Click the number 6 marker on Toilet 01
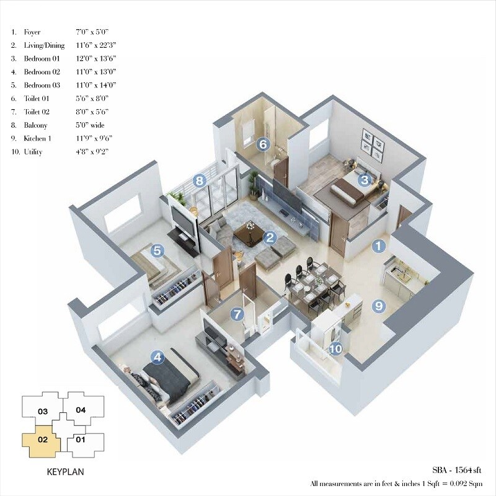pyautogui.click(x=263, y=144)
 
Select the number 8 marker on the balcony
pyautogui.click(x=199, y=181)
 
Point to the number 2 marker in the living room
pyautogui.click(x=269, y=237)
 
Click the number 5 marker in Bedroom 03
pyautogui.click(x=157, y=251)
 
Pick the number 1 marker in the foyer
pyautogui.click(x=378, y=246)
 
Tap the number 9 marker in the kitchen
pyautogui.click(x=378, y=306)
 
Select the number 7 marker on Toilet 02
pyautogui.click(x=236, y=314)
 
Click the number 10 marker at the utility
pyautogui.click(x=335, y=349)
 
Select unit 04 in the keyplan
pyautogui.click(x=81, y=410)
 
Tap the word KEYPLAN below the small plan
pyautogui.click(x=66, y=471)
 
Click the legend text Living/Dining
pyautogui.click(x=43, y=45)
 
